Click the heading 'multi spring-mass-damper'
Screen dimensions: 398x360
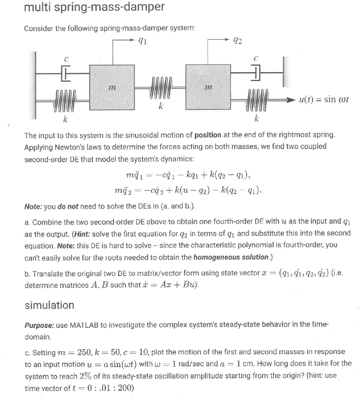tap(94, 7)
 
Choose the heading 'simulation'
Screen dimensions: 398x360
tap(49, 305)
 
